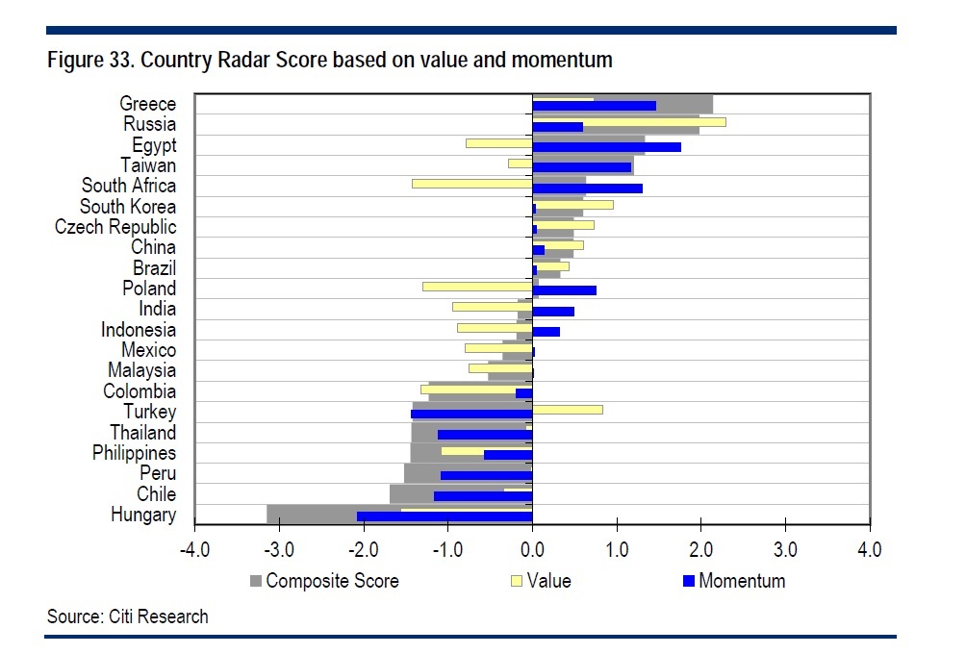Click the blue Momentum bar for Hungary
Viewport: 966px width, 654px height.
(444, 516)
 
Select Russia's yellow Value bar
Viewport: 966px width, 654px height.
(629, 122)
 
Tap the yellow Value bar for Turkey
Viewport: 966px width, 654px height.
(567, 410)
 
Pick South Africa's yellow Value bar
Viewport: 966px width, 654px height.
(471, 183)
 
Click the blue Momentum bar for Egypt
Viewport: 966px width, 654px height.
(606, 147)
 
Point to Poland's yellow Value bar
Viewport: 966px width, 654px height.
(477, 287)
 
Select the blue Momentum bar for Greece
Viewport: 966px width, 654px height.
(594, 106)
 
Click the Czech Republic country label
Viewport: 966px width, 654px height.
(115, 227)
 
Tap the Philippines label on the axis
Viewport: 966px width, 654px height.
(134, 453)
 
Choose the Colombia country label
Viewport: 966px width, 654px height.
(140, 391)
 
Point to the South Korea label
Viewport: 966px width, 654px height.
(127, 207)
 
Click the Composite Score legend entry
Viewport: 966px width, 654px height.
(331, 581)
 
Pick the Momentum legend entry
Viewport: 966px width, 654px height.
(741, 581)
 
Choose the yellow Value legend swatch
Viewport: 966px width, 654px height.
(517, 581)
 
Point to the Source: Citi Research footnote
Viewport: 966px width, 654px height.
(127, 616)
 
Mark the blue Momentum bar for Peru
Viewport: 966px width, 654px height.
(486, 475)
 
